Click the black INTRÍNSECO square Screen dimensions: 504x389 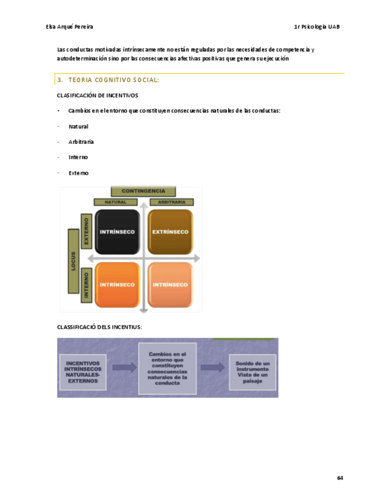point(117,231)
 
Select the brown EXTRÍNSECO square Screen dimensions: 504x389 point(170,231)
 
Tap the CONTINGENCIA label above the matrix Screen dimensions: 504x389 point(143,191)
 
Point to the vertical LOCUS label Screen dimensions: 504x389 point(74,260)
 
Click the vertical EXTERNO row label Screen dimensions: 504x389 point(87,231)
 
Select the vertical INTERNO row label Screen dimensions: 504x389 point(87,283)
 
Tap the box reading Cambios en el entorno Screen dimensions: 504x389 point(167,368)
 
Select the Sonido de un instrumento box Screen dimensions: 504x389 point(252,371)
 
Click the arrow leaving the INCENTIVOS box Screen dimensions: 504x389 point(124,368)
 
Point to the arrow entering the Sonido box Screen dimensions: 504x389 point(213,368)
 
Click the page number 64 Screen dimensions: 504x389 point(340,478)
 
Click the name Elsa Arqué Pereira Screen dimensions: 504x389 point(69,27)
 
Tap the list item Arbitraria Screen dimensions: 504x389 point(81,142)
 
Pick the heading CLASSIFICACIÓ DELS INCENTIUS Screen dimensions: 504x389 point(99,327)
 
